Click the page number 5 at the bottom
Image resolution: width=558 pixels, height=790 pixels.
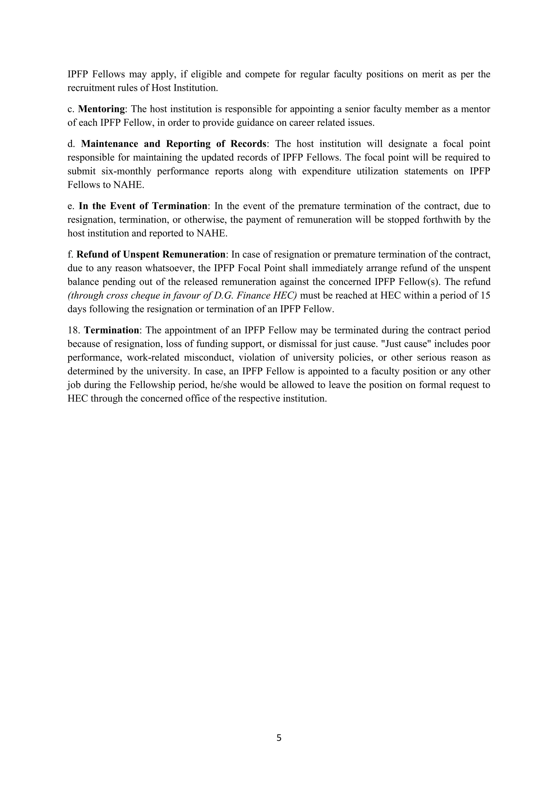(279, 738)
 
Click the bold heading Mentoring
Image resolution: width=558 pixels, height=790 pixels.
(101, 109)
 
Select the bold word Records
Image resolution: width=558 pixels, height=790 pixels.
(248, 144)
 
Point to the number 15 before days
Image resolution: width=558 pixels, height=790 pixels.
(484, 296)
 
